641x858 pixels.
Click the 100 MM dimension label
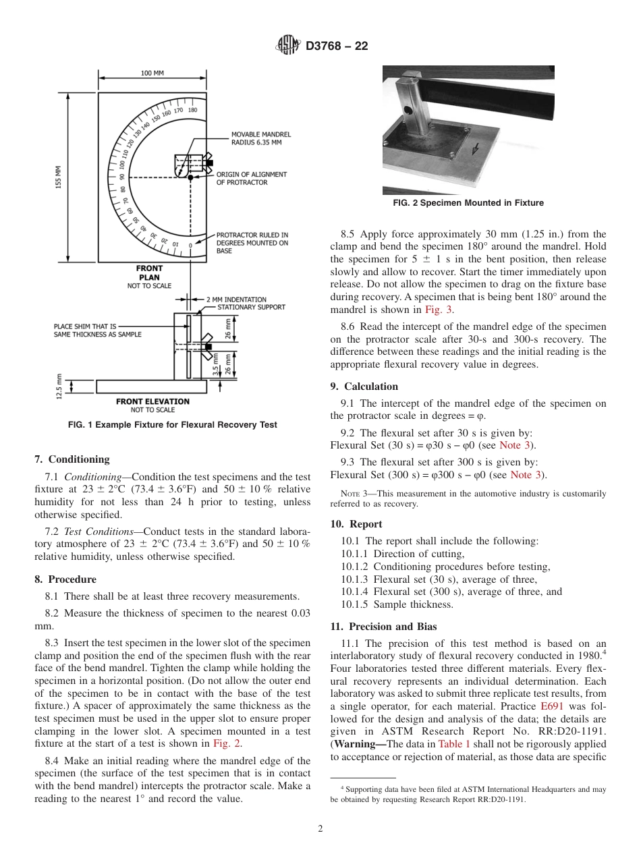point(152,74)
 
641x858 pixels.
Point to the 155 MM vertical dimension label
point(59,177)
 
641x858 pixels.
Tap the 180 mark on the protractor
point(192,110)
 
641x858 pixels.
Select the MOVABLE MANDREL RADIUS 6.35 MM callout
point(256,138)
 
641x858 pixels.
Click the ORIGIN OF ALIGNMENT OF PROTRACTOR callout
point(251,178)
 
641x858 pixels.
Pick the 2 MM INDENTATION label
point(236,299)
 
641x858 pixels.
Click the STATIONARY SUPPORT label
point(251,307)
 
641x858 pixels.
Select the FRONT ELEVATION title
point(152,401)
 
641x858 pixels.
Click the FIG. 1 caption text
point(173,425)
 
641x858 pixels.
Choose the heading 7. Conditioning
point(72,459)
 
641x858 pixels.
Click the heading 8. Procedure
point(65,579)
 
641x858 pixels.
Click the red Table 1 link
point(453,744)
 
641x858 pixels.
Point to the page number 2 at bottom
point(320,829)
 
